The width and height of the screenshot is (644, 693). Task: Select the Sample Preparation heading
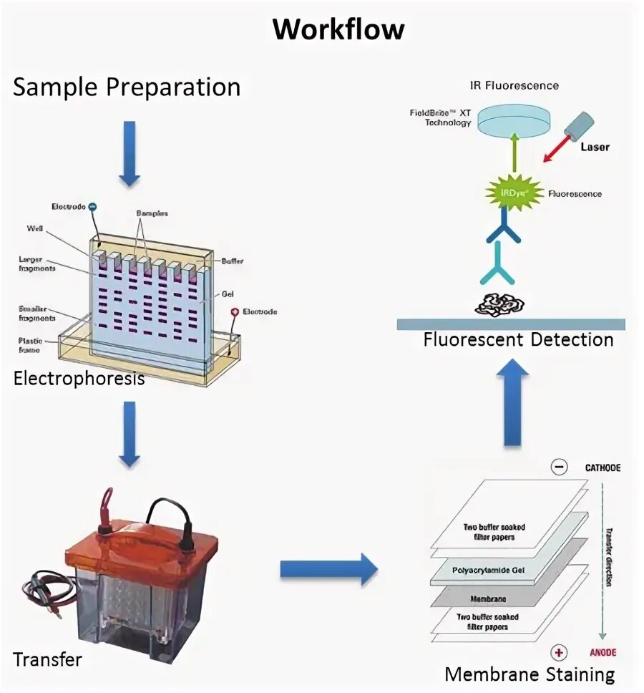[127, 87]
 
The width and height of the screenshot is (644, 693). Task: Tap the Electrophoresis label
[79, 378]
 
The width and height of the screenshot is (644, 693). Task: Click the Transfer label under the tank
[47, 659]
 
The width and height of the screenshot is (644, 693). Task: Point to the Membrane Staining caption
[530, 674]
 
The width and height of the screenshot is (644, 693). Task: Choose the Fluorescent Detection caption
[518, 339]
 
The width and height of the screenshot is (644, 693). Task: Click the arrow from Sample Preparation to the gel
[130, 154]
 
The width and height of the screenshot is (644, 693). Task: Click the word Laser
[595, 147]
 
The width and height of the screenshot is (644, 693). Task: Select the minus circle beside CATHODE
[559, 467]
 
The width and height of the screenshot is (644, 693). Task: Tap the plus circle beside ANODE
[559, 651]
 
